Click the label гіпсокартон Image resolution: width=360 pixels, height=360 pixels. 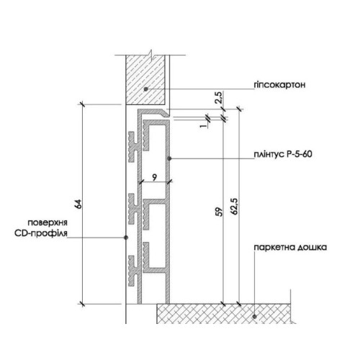(279, 85)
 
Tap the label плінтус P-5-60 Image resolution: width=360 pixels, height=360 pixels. (283, 154)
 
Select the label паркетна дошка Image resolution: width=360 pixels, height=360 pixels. (290, 247)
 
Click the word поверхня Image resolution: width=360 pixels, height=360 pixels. (48, 222)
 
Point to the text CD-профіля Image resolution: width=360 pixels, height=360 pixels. (41, 233)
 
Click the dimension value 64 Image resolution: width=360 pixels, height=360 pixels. (78, 204)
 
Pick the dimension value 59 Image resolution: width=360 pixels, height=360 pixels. (220, 212)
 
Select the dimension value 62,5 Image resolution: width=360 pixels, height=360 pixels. (235, 206)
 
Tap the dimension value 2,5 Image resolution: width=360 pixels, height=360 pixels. (219, 97)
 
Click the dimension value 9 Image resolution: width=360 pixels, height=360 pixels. (155, 177)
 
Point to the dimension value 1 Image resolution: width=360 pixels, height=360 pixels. (204, 125)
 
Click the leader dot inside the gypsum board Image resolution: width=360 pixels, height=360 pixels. (145, 89)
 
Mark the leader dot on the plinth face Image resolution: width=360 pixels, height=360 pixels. (169, 158)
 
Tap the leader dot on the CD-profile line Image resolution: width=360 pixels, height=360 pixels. (126, 238)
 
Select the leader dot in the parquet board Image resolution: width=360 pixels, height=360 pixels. (255, 317)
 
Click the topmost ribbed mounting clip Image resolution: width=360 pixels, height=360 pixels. (133, 147)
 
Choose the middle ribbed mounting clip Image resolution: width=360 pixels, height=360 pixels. (133, 209)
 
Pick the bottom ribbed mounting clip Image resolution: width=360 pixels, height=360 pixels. (133, 271)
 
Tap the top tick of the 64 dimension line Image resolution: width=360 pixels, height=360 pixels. (82, 104)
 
